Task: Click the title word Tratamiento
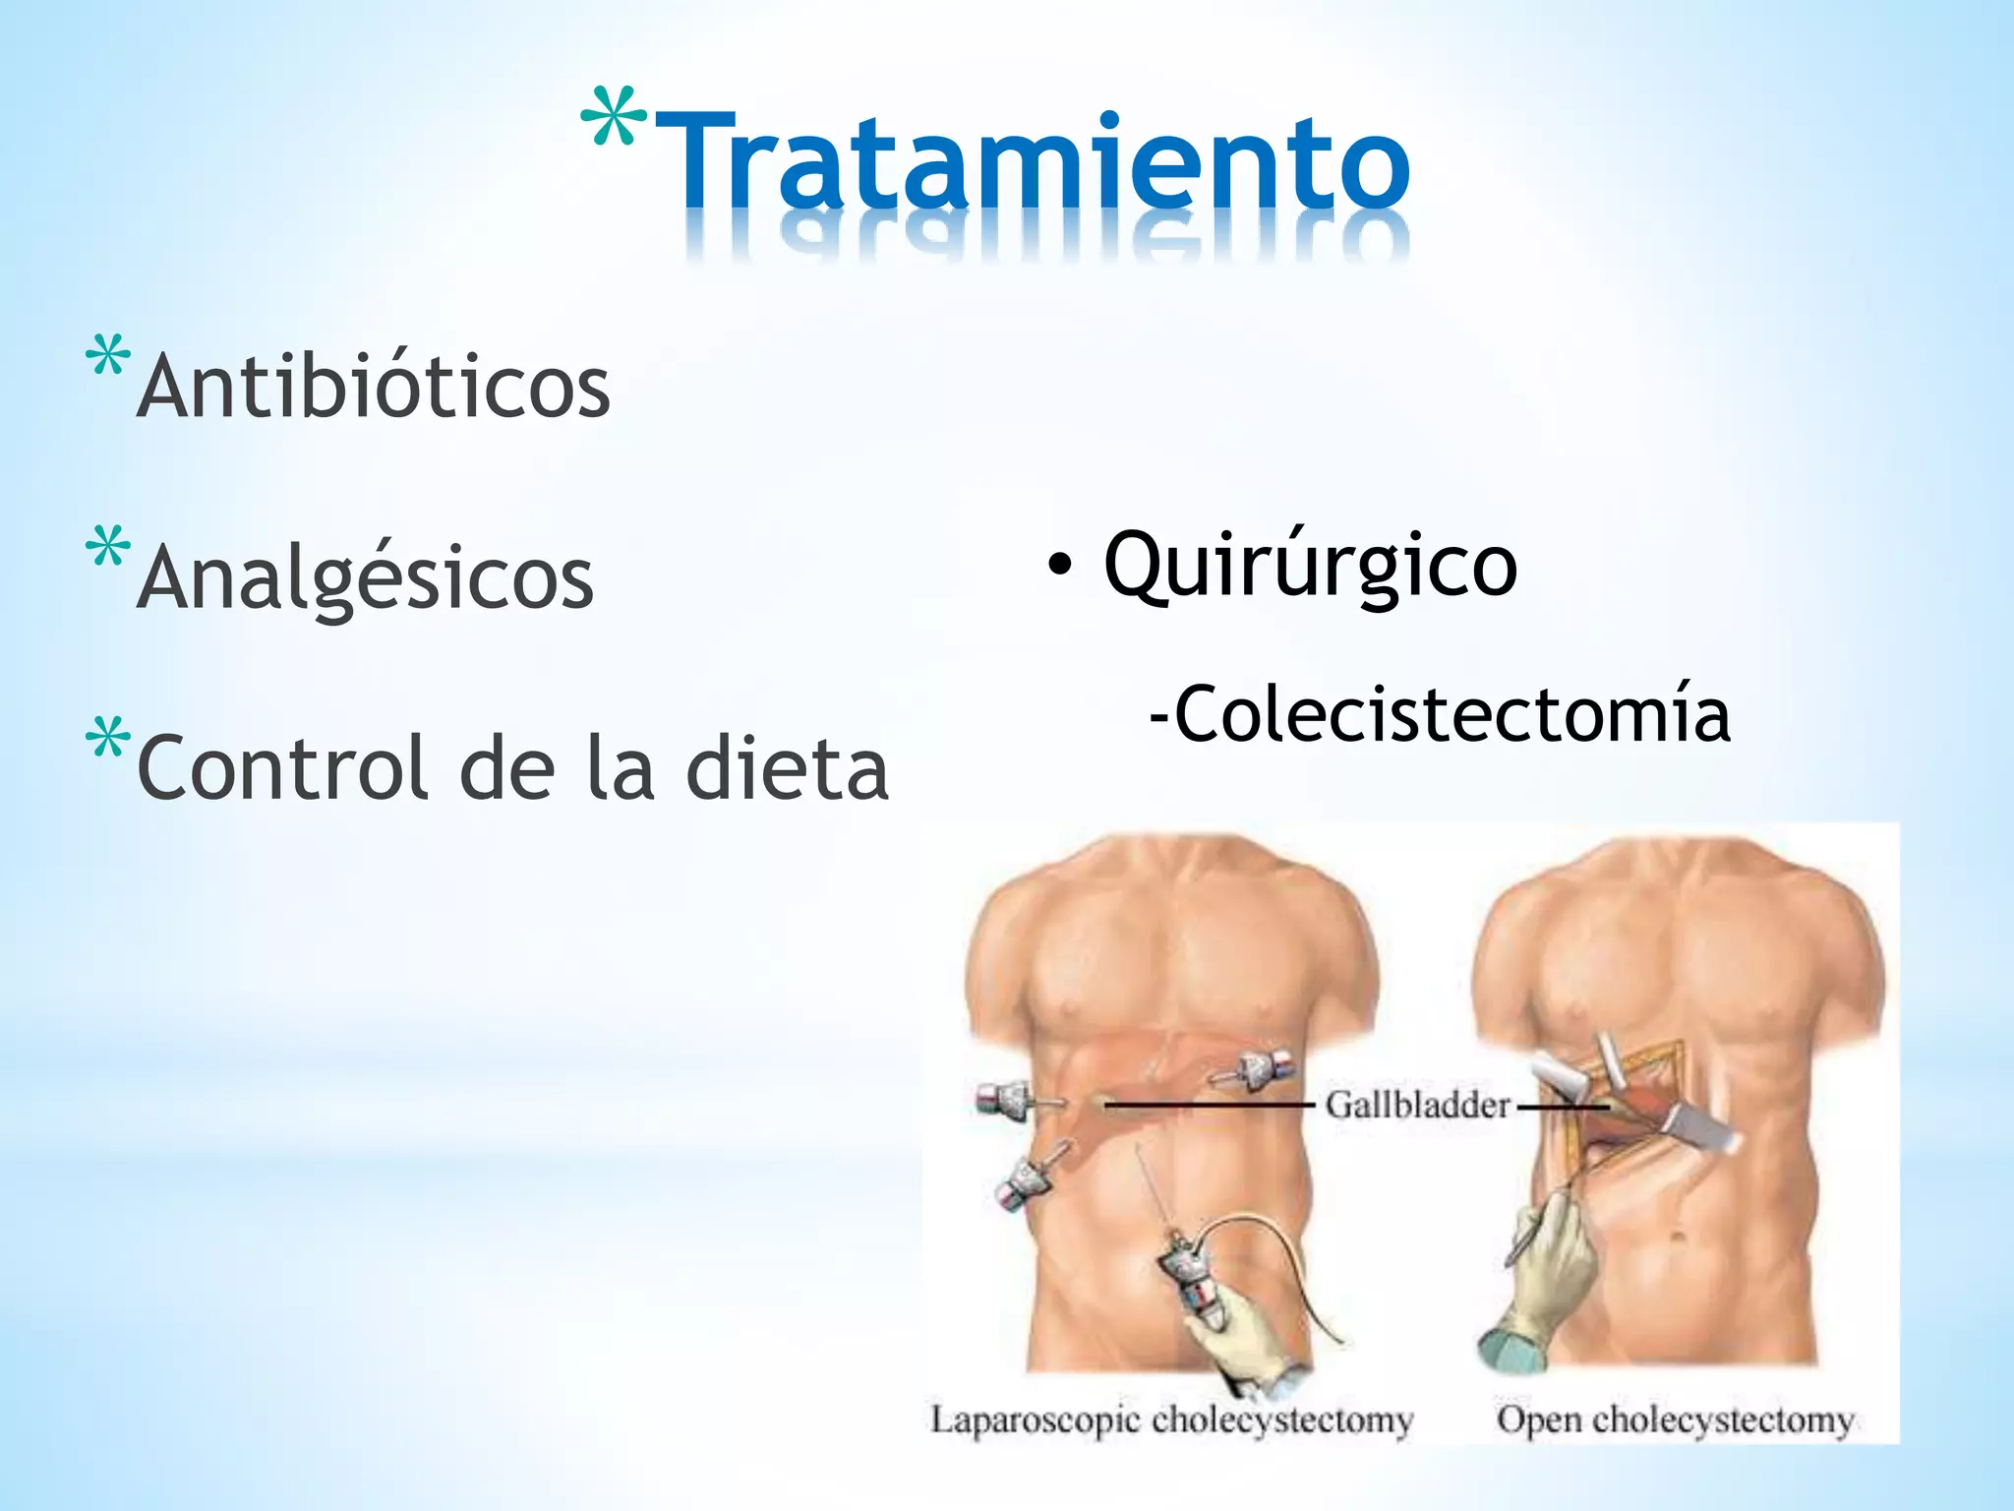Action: pos(1033,162)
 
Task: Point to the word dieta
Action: pos(787,769)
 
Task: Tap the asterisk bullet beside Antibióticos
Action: pos(108,356)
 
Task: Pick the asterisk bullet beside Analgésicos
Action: pos(108,548)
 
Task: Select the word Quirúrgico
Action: pos(1310,566)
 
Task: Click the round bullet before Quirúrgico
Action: pos(1059,566)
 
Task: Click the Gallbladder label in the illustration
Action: pos(1416,1105)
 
